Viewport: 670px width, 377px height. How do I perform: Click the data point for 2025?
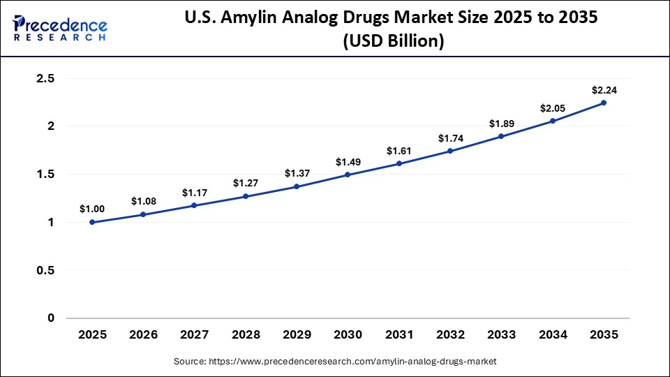[x=92, y=222]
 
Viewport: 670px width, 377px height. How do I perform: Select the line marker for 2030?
[x=348, y=175]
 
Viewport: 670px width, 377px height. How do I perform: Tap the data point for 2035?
[x=604, y=103]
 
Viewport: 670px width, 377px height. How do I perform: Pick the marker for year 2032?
[x=450, y=151]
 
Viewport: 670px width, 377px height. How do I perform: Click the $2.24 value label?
[x=604, y=90]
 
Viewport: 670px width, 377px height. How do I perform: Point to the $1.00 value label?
[x=92, y=209]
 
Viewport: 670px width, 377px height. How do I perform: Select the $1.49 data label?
[x=348, y=162]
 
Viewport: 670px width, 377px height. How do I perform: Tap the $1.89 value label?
[x=501, y=124]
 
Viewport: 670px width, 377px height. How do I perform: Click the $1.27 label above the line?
[x=246, y=184]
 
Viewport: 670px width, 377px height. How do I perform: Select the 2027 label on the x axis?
[x=194, y=335]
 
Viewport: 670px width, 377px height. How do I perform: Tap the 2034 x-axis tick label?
[x=552, y=335]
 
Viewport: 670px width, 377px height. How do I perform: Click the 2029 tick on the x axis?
[x=297, y=335]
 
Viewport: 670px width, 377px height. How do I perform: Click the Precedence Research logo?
[x=60, y=27]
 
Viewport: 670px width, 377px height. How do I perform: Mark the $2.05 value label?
[x=552, y=108]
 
